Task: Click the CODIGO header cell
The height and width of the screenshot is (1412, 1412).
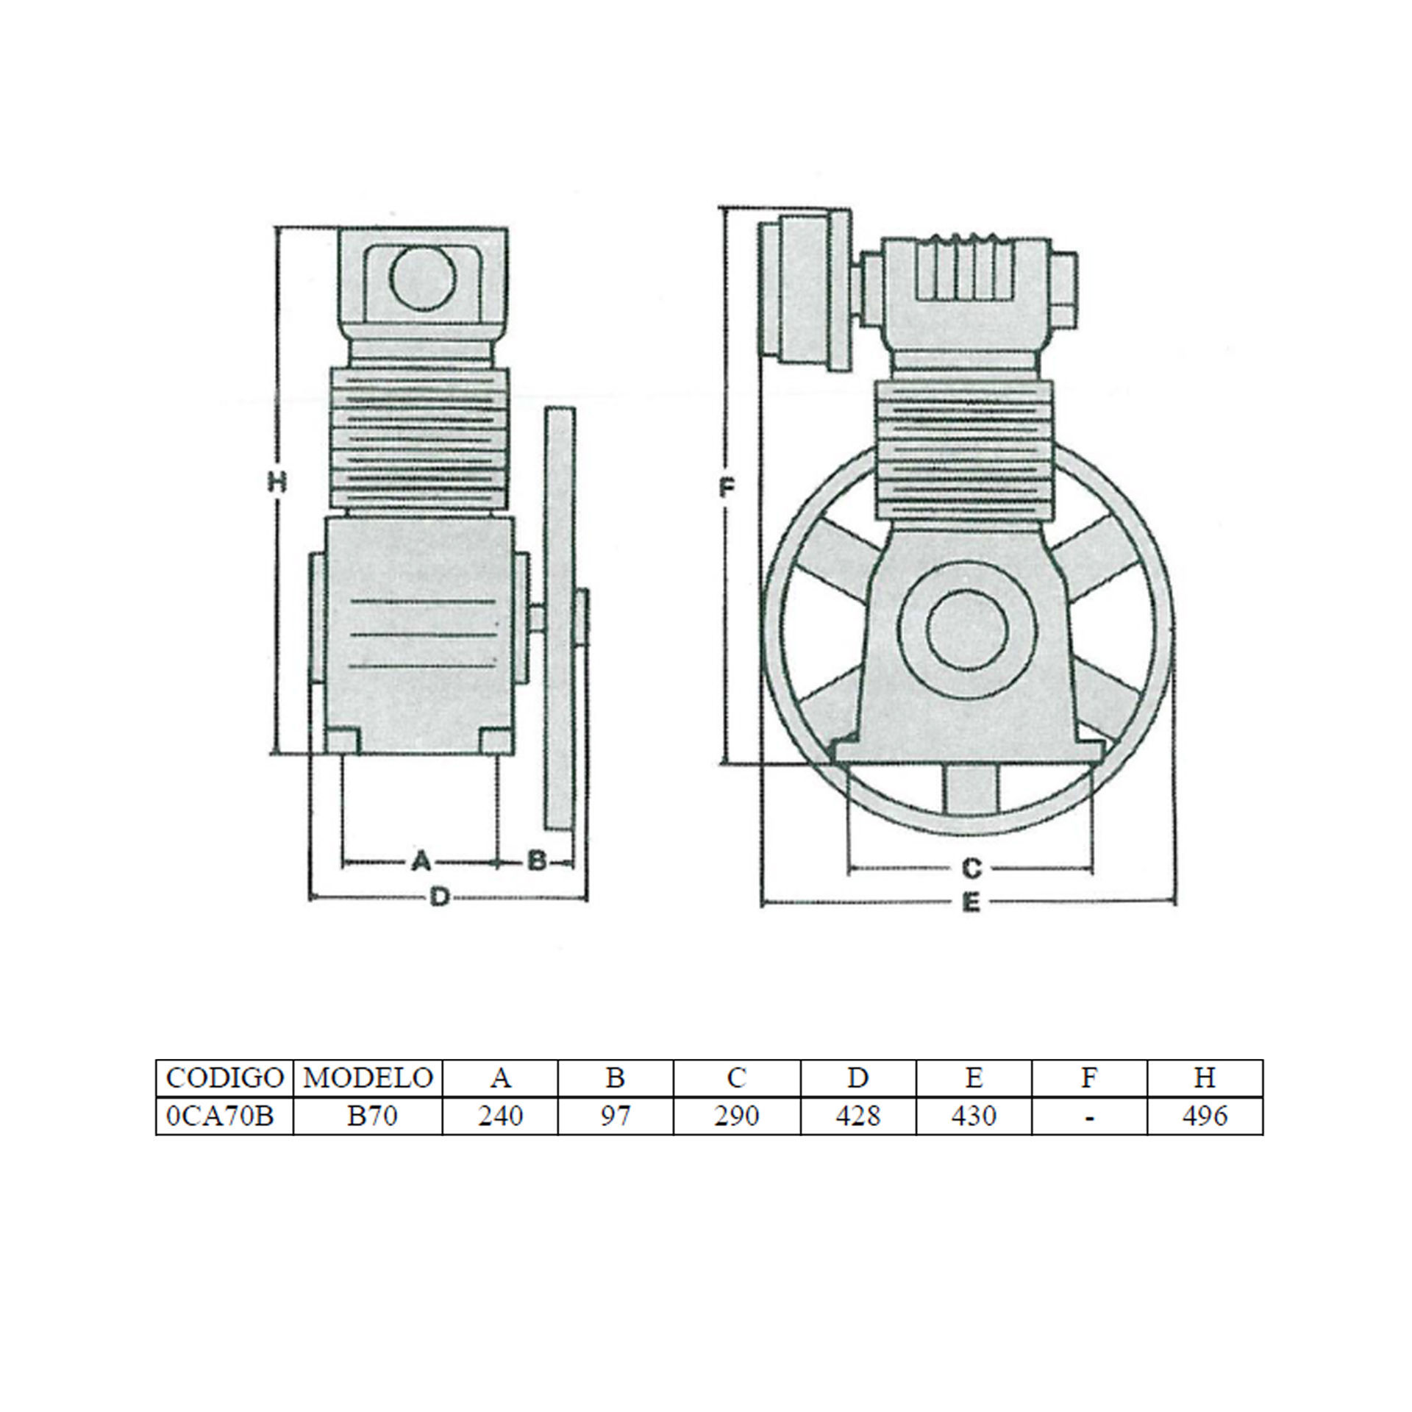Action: (x=224, y=1078)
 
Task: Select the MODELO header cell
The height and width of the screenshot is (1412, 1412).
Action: (x=368, y=1078)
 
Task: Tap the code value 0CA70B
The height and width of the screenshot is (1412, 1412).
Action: (x=220, y=1116)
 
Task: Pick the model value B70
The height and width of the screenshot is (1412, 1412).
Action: (x=372, y=1116)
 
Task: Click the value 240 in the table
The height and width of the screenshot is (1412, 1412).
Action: (x=500, y=1116)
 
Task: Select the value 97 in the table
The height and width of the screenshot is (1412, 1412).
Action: (x=616, y=1116)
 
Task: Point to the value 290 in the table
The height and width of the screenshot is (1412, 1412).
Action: (x=736, y=1116)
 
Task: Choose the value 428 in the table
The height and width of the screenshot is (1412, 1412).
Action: (x=857, y=1116)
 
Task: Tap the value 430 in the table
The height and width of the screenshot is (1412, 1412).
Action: (x=974, y=1116)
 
